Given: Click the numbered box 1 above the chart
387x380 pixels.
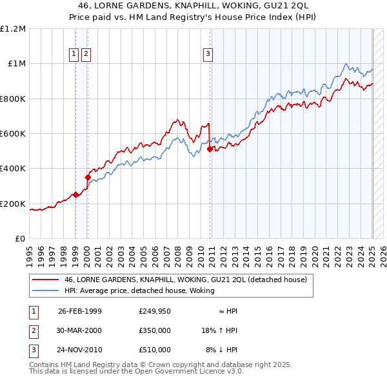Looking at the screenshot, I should (x=74, y=55).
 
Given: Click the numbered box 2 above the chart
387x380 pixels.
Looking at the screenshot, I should (x=86, y=55).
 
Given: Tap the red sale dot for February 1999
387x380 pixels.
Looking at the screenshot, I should (x=75, y=195).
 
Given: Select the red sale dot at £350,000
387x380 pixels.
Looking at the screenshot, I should (x=88, y=177).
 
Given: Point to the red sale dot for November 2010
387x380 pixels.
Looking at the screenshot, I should (x=210, y=149).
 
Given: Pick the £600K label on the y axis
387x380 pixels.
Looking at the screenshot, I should (x=13, y=134).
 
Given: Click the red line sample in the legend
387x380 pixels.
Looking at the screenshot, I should (x=45, y=280).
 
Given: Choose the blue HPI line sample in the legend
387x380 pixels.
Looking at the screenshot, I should (x=45, y=291).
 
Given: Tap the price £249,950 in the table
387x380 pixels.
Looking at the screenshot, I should (x=155, y=311).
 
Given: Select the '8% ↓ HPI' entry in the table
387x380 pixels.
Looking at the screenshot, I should (x=222, y=350).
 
